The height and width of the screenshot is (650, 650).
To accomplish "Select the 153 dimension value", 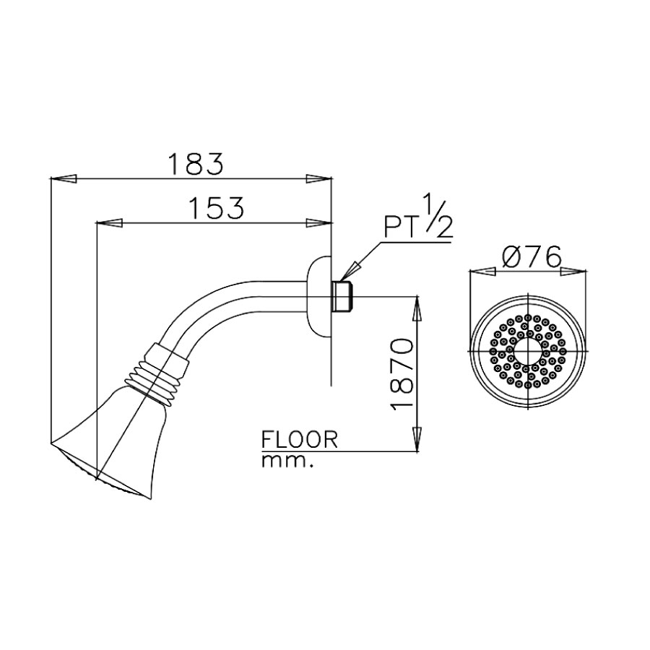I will pos(216,208).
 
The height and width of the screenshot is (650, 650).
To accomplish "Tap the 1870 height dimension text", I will pos(402,374).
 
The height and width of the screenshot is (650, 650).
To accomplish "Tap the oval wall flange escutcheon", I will pos(318,296).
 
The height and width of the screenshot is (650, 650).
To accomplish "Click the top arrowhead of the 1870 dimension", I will pos(417,307).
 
